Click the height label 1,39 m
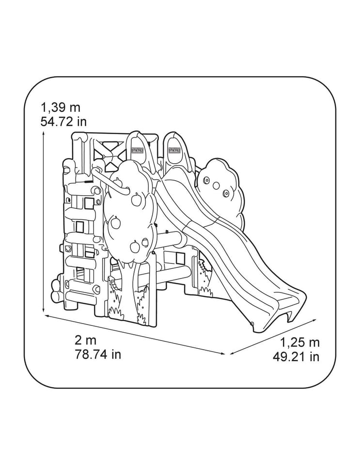click(x=61, y=108)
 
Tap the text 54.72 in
click(x=64, y=122)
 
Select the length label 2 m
click(x=86, y=340)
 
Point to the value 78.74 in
click(x=98, y=355)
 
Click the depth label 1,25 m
click(x=300, y=342)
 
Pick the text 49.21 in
click(x=296, y=357)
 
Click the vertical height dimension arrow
click(x=44, y=222)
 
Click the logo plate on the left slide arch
click(x=138, y=150)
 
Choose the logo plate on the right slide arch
click(x=174, y=150)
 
